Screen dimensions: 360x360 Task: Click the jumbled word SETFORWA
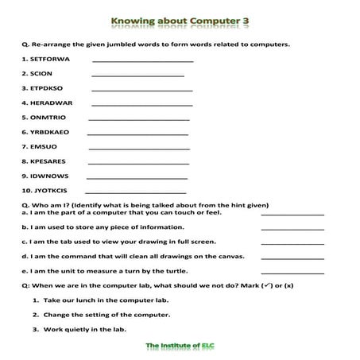[48, 59]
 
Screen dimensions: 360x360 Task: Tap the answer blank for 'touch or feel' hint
[292, 214]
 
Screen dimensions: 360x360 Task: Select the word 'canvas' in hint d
[230, 257]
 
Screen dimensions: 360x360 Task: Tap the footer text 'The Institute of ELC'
[180, 346]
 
